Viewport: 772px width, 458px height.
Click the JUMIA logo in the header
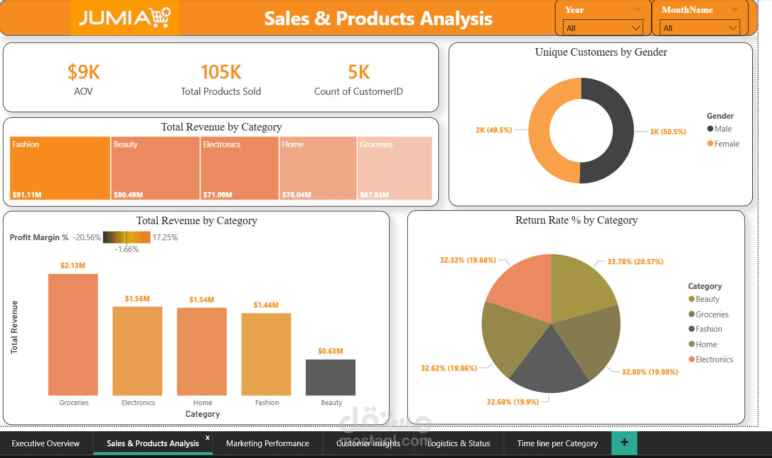click(125, 18)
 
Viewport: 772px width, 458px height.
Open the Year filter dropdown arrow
click(636, 28)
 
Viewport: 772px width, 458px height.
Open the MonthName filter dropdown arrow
click(733, 28)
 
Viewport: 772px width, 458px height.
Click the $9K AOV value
click(83, 72)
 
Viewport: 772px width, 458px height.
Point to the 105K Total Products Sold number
click(221, 72)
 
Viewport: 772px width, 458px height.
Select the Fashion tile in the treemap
click(60, 168)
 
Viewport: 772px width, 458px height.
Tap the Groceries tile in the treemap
click(395, 168)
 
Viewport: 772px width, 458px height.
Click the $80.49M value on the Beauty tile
click(128, 195)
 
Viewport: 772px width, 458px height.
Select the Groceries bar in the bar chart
click(73, 334)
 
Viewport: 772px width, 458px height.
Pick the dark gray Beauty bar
click(330, 377)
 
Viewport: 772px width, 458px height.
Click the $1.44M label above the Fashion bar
click(266, 305)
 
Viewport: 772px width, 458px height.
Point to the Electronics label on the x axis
click(138, 402)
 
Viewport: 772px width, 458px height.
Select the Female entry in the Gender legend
click(727, 144)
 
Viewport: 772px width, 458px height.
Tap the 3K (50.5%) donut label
click(668, 132)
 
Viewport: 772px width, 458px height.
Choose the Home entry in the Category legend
click(706, 345)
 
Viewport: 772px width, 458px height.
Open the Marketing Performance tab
click(267, 443)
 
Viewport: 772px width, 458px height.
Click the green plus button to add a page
click(624, 442)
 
